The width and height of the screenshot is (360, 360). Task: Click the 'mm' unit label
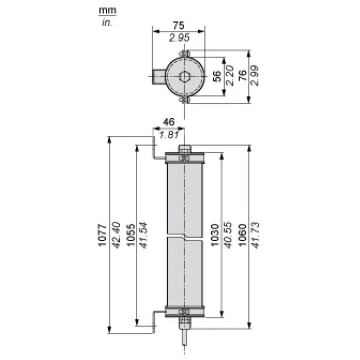[x=107, y=11]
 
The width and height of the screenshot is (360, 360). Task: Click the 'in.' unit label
[x=107, y=22]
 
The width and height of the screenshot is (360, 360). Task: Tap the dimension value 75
[x=178, y=25]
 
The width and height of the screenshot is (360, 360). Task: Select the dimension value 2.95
[x=179, y=38]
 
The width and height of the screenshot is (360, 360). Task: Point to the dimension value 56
[x=217, y=76]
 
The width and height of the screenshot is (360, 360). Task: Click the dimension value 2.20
[x=229, y=76]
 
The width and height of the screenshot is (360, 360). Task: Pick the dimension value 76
[x=243, y=76]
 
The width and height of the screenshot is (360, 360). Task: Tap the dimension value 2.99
[x=255, y=76]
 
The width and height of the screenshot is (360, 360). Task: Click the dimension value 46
[x=169, y=122]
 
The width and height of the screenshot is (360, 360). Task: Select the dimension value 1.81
[x=169, y=135]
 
